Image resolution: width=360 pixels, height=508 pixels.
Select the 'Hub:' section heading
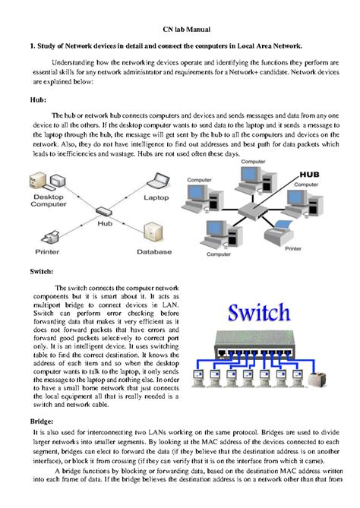coord(36,99)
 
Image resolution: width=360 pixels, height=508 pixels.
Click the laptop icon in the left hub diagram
coord(156,182)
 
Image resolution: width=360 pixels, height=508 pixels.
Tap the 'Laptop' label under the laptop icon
coord(156,197)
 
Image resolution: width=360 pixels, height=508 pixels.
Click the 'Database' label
coord(154,251)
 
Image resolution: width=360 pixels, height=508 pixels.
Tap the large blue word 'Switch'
coord(259,313)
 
